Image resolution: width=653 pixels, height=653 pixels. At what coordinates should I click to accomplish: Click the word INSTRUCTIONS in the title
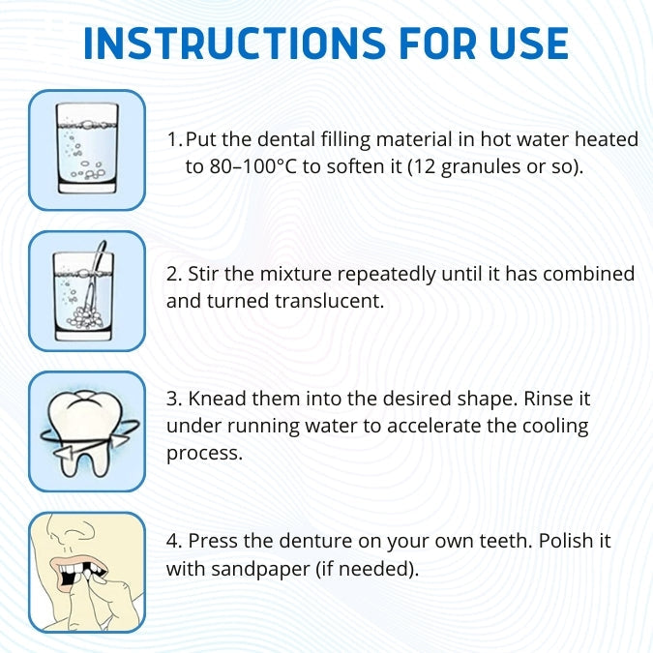click(x=234, y=44)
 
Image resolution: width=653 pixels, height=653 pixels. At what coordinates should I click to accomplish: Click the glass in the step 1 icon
click(x=87, y=148)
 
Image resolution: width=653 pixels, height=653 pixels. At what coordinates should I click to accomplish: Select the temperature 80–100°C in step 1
click(x=253, y=166)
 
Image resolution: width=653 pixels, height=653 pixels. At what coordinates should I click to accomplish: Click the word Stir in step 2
click(x=203, y=274)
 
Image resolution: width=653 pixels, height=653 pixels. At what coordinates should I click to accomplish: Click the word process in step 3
click(x=204, y=454)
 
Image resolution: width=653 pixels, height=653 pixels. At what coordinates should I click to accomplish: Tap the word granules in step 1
click(x=481, y=167)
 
